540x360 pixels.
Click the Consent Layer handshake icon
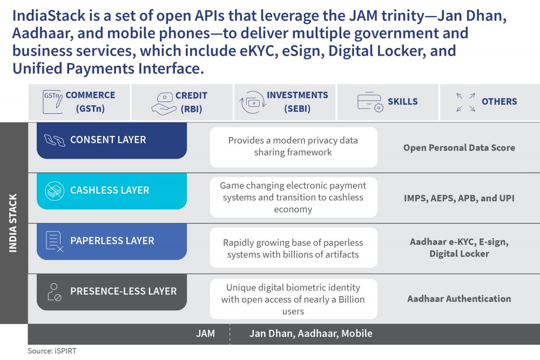pos(55,140)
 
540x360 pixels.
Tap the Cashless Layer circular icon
pos(55,191)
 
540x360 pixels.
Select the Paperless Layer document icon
pos(55,241)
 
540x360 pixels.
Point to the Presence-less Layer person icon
pos(55,292)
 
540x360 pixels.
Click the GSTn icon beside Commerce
pos(52,102)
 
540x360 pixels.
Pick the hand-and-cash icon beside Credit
pos(164,104)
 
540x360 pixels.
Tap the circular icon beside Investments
pos(253,102)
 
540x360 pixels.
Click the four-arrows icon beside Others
pos(465,102)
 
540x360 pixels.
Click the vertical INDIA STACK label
pos(13,223)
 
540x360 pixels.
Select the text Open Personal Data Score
pos(459,148)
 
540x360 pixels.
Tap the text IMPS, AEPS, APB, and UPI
pos(459,198)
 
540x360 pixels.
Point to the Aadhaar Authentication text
pos(459,298)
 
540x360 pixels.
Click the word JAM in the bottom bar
pos(205,333)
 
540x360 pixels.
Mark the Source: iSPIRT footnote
pos(52,351)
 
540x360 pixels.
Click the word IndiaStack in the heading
pos(49,16)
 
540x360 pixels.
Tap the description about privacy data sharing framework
pos(293,146)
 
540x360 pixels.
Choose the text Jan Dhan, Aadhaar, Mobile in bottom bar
pos(311,333)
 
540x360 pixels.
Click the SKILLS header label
pos(403,101)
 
